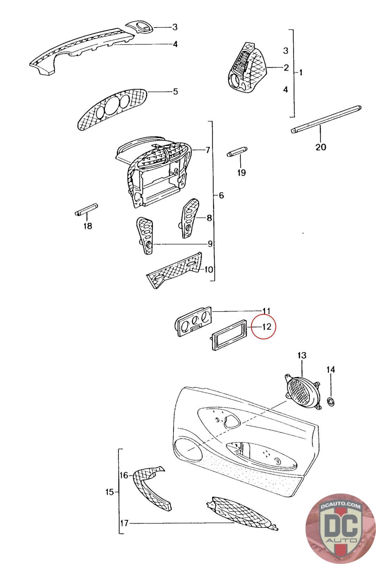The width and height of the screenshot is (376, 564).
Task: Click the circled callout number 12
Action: tap(266, 326)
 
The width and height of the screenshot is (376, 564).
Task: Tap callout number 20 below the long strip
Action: tap(320, 146)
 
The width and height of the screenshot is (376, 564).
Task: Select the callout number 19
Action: tap(241, 172)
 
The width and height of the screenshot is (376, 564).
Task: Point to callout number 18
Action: tap(87, 226)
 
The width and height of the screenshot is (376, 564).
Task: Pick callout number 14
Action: tap(331, 370)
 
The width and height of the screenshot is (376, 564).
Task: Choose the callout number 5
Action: tap(175, 92)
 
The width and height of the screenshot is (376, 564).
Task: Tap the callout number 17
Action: tap(124, 523)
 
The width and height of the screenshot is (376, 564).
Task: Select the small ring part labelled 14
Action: tap(331, 401)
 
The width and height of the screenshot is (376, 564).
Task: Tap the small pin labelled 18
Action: tap(86, 210)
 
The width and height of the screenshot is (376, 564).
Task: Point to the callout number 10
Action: tap(208, 270)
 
